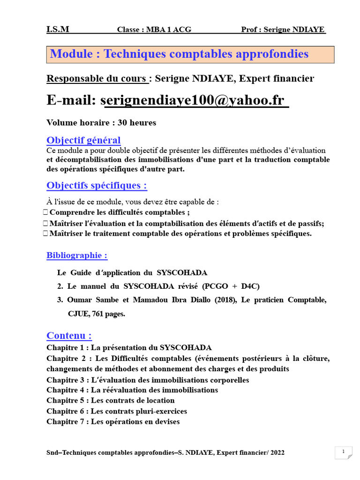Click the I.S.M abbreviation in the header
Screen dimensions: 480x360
(x=58, y=30)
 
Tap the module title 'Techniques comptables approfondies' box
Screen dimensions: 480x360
(x=190, y=54)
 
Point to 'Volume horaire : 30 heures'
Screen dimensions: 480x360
(x=101, y=123)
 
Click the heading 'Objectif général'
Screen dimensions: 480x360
(x=83, y=140)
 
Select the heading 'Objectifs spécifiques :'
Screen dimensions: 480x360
(x=97, y=186)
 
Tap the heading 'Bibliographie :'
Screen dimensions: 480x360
(x=77, y=255)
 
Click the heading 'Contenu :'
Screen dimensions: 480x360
(x=69, y=336)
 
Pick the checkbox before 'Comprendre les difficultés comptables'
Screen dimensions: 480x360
(x=45, y=212)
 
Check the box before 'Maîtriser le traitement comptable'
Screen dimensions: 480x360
(x=45, y=233)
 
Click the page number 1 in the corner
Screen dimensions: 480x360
(x=344, y=452)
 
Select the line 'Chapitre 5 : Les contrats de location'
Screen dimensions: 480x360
(x=110, y=400)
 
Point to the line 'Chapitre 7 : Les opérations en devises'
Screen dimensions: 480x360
(x=113, y=421)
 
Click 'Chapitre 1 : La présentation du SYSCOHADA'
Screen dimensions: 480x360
(x=129, y=348)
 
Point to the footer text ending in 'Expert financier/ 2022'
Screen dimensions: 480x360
(x=165, y=453)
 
